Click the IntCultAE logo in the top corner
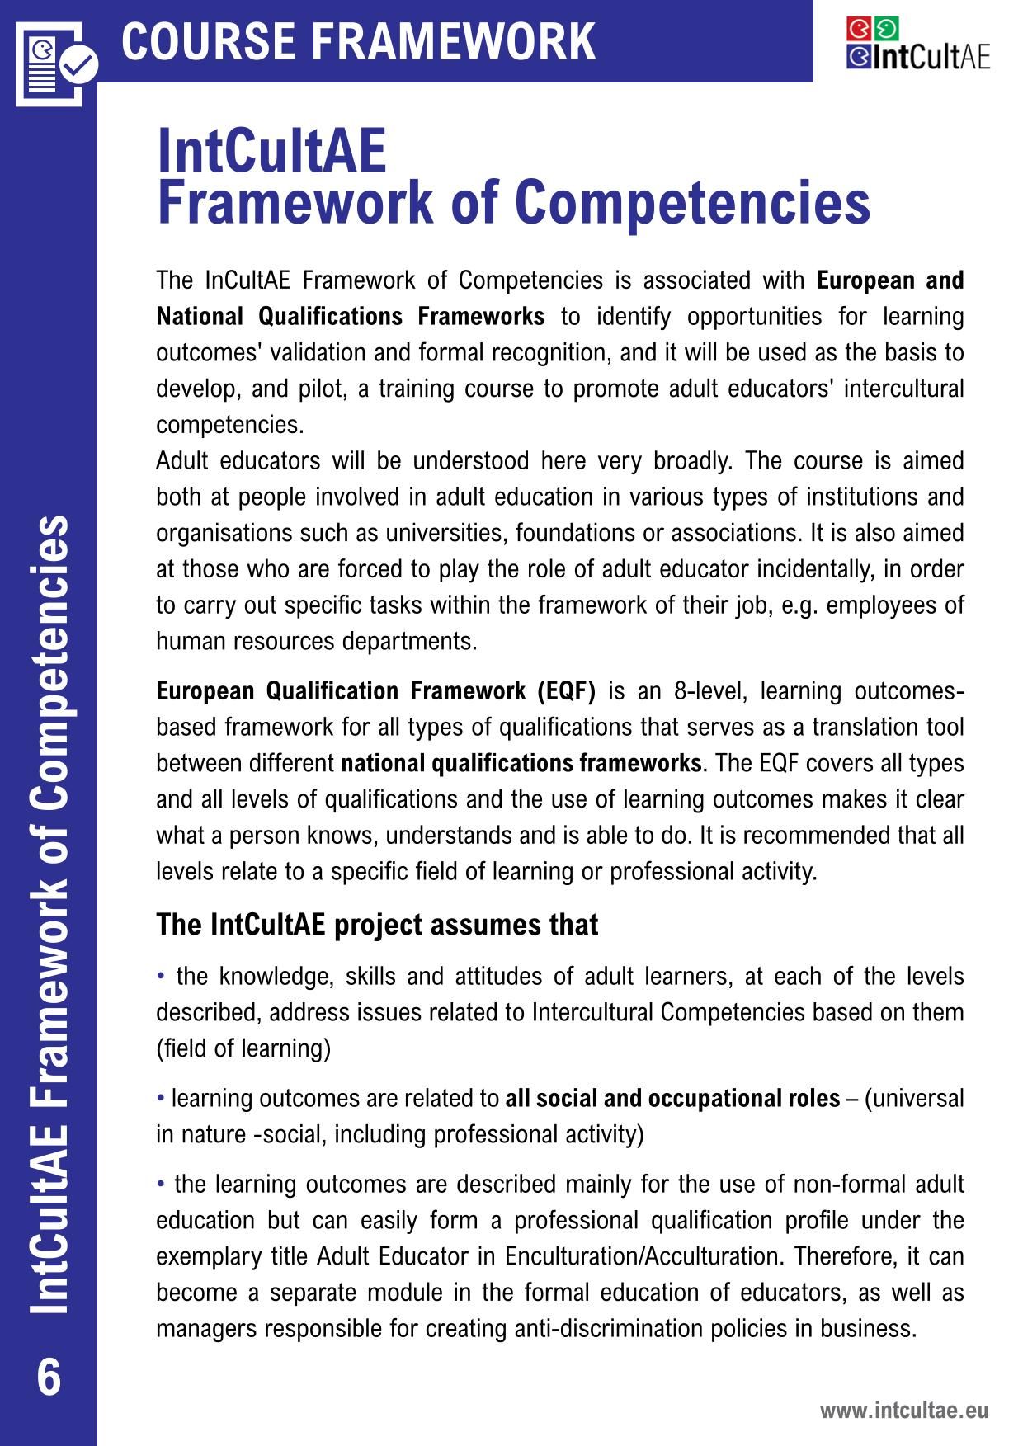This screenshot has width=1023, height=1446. tap(917, 44)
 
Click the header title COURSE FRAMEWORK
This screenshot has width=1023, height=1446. tap(358, 41)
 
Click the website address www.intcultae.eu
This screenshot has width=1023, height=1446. tap(903, 1410)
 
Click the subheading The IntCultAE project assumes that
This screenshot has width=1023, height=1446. tap(377, 925)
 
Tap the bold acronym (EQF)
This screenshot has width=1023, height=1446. tap(565, 691)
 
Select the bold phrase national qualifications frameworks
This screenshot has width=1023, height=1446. tap(521, 763)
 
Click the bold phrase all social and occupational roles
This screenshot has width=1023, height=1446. tap(672, 1099)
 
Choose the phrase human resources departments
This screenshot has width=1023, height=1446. tap(317, 642)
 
